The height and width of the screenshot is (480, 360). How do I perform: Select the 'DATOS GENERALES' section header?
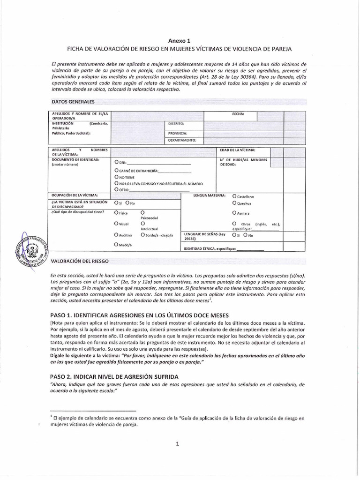[73, 101]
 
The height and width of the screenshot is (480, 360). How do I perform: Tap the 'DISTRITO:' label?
[176, 124]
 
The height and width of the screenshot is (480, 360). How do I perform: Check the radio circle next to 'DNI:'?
[116, 162]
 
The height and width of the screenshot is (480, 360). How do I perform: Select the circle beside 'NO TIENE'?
[116, 177]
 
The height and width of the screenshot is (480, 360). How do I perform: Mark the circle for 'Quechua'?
[234, 204]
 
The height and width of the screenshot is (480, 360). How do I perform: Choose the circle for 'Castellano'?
[234, 196]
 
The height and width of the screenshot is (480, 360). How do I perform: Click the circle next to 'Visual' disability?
[116, 224]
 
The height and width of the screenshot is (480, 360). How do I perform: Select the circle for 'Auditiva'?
[116, 234]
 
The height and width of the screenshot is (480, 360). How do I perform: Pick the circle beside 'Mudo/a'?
[116, 245]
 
